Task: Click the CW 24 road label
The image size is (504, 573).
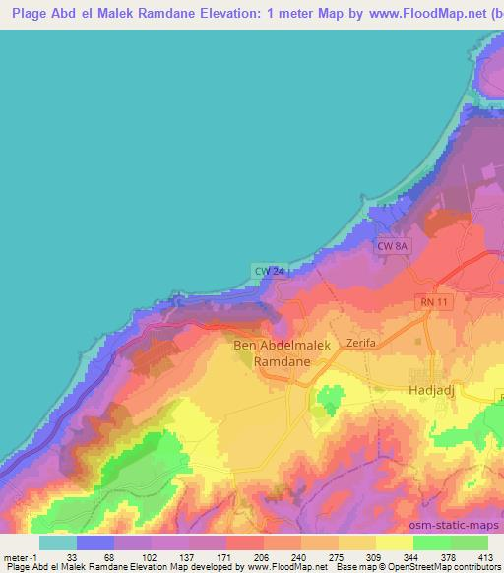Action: (269, 271)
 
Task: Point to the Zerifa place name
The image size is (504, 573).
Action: (362, 344)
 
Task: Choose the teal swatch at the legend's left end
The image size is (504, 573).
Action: (57, 541)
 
